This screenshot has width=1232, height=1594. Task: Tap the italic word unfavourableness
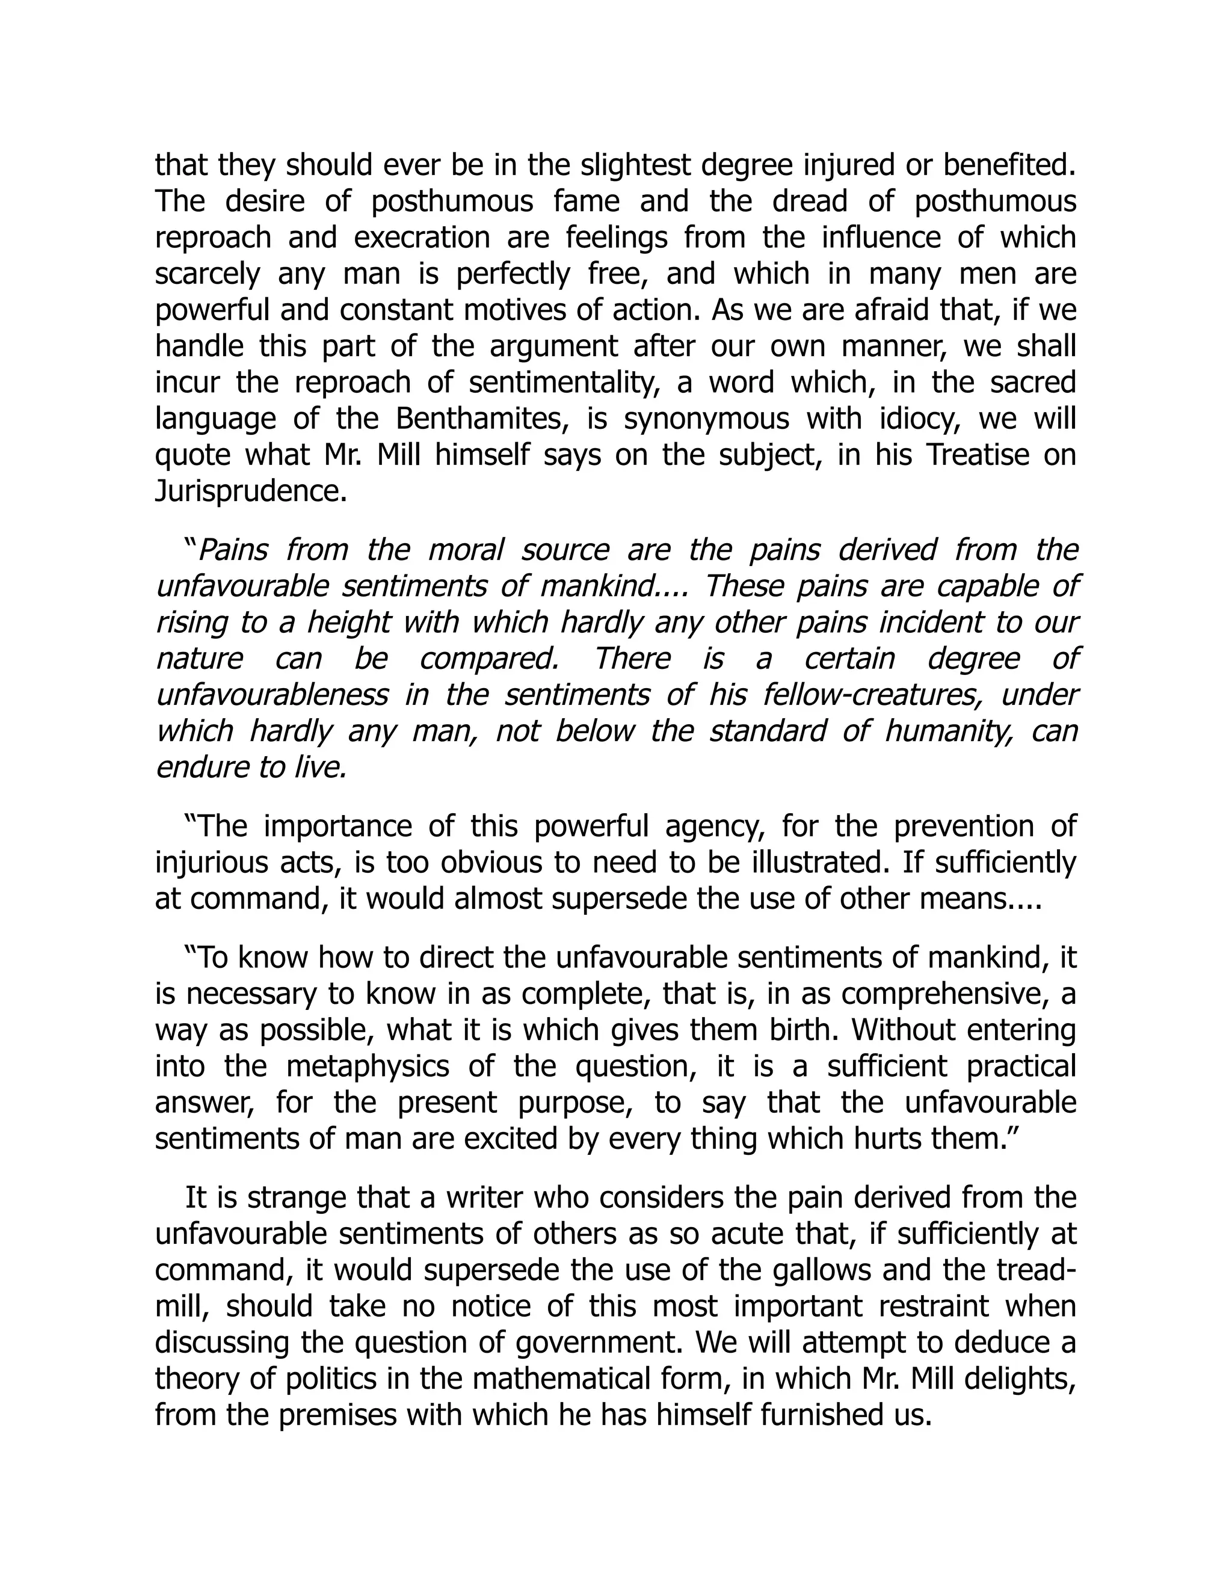[271, 694]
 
